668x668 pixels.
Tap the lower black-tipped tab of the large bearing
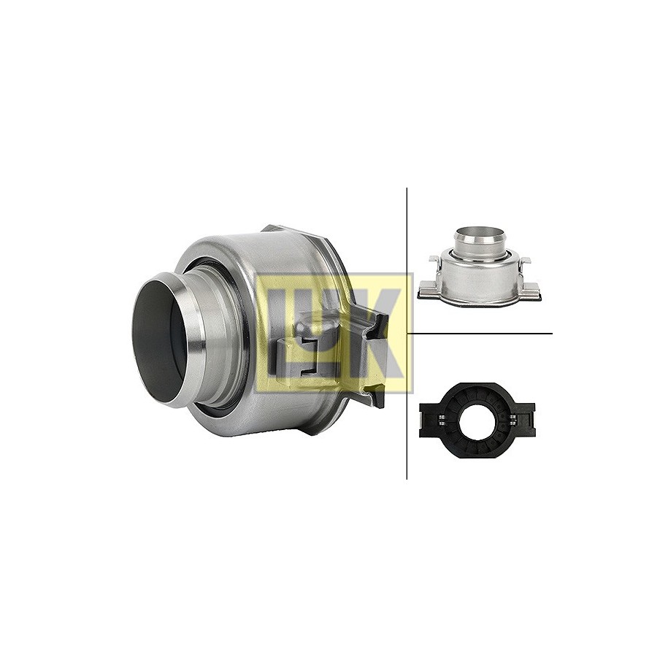point(377,396)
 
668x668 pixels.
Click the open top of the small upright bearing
point(479,232)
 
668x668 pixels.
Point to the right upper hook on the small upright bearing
point(524,261)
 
